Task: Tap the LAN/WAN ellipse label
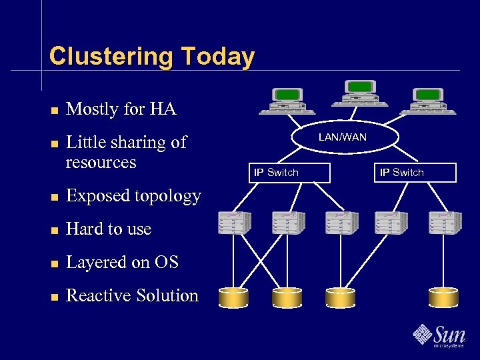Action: pyautogui.click(x=343, y=137)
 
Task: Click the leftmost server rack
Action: pyautogui.click(x=235, y=223)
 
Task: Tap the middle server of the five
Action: pyautogui.click(x=341, y=223)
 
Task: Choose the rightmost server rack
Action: pyautogui.click(x=445, y=223)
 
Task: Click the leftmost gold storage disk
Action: pyautogui.click(x=234, y=298)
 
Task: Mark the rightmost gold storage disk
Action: pyautogui.click(x=444, y=298)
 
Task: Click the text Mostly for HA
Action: pyautogui.click(x=121, y=109)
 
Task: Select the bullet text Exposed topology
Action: pyautogui.click(x=133, y=196)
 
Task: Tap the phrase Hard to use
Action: pyautogui.click(x=109, y=229)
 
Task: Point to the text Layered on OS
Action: pyautogui.click(x=123, y=263)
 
